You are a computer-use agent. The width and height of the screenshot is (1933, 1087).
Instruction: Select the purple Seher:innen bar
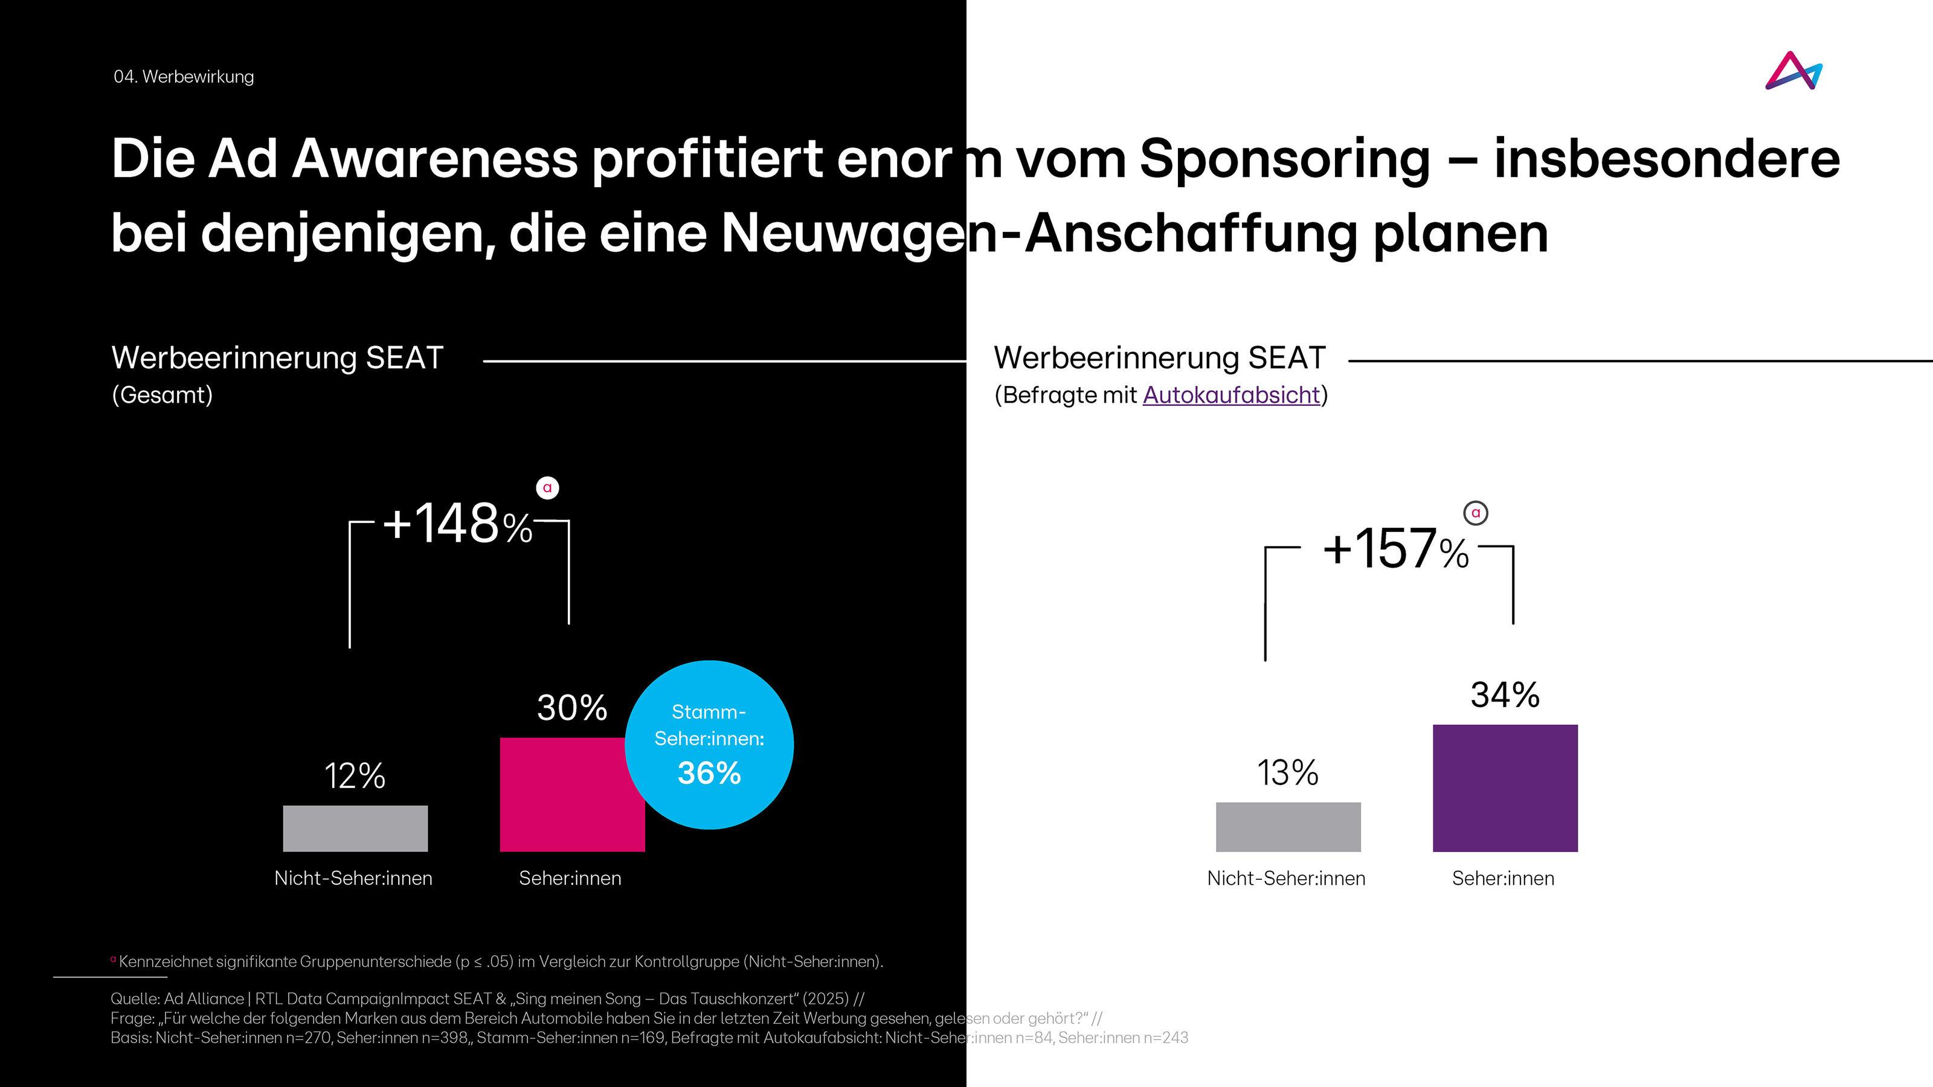click(1505, 787)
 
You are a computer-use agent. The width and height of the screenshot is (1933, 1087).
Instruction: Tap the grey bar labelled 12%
click(355, 828)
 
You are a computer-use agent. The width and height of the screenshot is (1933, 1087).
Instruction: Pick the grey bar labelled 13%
click(1288, 827)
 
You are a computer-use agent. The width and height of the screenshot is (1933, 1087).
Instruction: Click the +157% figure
click(1395, 549)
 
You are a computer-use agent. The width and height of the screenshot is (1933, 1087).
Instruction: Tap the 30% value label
click(572, 707)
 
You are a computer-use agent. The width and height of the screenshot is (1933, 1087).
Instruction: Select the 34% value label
click(1505, 694)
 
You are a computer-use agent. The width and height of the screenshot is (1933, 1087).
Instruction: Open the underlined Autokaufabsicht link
click(1230, 394)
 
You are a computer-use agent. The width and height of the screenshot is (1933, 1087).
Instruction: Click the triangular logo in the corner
click(1793, 71)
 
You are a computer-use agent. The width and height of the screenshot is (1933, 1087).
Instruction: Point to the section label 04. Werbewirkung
click(184, 77)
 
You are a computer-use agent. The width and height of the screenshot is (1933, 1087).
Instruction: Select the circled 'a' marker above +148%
click(548, 487)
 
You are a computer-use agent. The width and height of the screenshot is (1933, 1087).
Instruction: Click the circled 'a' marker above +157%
click(1475, 513)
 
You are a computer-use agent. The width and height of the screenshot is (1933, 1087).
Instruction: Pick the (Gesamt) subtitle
click(162, 394)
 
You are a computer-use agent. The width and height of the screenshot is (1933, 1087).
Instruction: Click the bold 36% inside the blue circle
click(709, 773)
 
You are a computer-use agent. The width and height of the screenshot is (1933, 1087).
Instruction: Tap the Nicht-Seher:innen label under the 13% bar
click(1286, 879)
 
